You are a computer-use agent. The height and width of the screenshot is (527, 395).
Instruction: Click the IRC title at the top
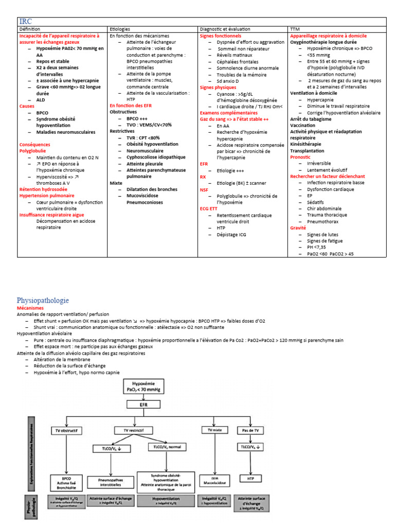click(25, 22)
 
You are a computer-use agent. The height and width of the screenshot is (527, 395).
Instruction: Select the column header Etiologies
click(120, 29)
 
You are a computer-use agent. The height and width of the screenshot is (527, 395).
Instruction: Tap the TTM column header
click(296, 29)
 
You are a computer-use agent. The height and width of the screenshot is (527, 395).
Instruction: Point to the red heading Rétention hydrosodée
click(43, 189)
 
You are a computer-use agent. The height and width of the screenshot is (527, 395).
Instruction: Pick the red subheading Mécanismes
click(31, 307)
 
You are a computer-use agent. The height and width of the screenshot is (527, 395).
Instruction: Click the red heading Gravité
click(298, 227)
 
